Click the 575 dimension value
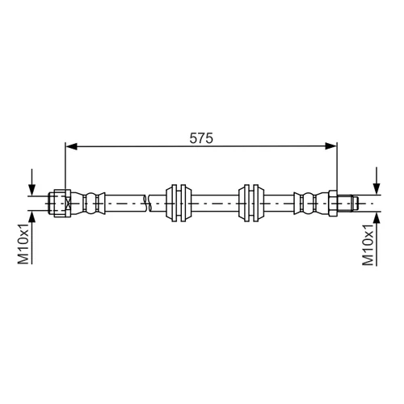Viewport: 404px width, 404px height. tap(201, 138)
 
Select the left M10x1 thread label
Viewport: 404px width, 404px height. tap(23, 243)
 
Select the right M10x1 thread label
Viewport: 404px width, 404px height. tap(368, 245)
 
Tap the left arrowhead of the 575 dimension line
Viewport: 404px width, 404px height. tap(71, 146)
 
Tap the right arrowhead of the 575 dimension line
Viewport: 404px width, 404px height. tap(331, 146)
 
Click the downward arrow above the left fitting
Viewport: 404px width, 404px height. tap(32, 182)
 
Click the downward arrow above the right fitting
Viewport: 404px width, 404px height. tap(377, 180)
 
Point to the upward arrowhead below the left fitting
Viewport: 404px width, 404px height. tap(32, 217)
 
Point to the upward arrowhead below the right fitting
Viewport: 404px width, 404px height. tap(377, 218)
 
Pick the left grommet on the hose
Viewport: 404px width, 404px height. tap(179, 203)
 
